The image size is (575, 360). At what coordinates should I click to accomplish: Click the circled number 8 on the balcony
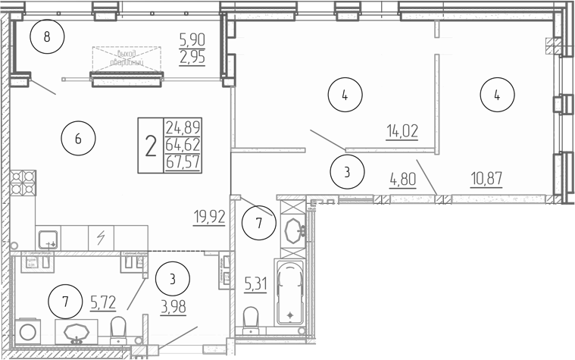(47, 37)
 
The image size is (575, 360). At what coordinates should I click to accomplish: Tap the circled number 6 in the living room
(78, 139)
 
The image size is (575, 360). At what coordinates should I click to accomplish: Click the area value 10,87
(485, 181)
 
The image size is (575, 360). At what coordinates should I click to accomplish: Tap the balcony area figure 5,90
(192, 37)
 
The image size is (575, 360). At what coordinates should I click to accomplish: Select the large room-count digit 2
(151, 144)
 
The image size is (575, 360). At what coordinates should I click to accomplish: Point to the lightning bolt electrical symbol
(101, 237)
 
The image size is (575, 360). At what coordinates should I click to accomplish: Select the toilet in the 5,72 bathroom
(118, 329)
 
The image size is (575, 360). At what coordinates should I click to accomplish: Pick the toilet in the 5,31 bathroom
(251, 318)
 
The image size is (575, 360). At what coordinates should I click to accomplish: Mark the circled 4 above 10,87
(497, 95)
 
